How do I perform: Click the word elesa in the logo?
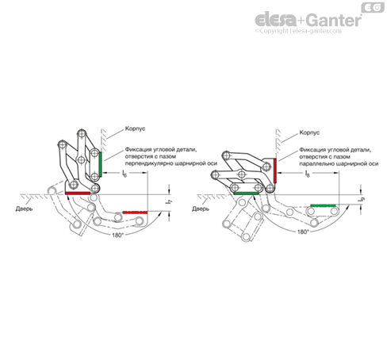point(276,20)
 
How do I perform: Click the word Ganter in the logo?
point(335,20)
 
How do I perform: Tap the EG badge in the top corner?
point(373,7)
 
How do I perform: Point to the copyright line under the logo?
point(298,31)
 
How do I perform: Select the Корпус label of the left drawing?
point(135,128)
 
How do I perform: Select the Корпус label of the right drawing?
point(309,132)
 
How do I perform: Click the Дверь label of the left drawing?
point(24,209)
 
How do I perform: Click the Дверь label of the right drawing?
point(201,209)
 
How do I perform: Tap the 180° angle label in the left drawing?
point(117,235)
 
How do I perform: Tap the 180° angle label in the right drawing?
point(303,232)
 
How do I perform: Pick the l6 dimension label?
point(125,174)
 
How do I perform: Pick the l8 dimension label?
point(307,174)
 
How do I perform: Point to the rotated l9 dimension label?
point(362,199)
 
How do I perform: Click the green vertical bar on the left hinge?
point(100,164)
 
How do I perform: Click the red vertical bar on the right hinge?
point(275,170)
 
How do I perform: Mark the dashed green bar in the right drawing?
point(323,205)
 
